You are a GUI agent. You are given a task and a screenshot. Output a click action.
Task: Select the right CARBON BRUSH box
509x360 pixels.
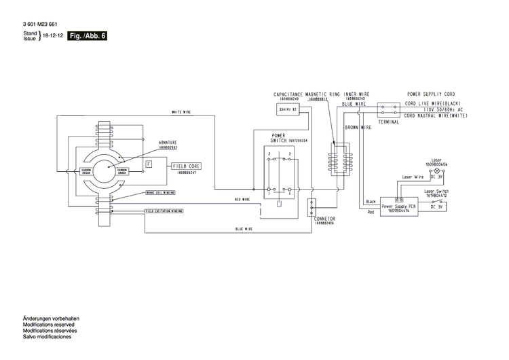tap(122, 171)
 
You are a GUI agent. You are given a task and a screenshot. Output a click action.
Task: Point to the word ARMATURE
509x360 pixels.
tap(168, 143)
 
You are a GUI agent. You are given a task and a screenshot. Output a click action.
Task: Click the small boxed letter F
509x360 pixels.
tap(149, 164)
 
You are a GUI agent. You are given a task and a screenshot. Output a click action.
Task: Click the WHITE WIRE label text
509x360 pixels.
tap(181, 112)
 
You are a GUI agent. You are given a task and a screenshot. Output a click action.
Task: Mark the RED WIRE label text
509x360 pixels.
tap(242, 200)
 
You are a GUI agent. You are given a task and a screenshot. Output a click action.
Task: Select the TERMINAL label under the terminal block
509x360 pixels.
tap(389, 122)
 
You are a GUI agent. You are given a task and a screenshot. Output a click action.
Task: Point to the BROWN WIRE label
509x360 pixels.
tap(357, 127)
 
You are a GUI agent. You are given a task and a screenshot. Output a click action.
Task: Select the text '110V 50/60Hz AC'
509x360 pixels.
tap(444, 109)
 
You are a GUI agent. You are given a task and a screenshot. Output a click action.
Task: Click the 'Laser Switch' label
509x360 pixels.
tap(436, 192)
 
